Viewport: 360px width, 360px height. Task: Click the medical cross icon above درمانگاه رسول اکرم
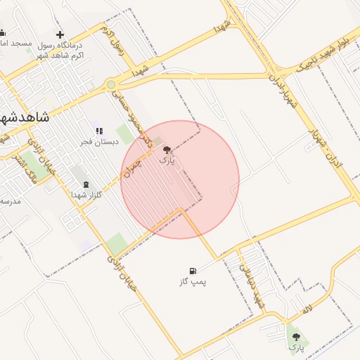(60, 34)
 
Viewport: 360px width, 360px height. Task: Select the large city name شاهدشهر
(25, 117)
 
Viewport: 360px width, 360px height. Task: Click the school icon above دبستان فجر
(99, 131)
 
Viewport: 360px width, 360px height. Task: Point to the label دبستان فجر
(95, 142)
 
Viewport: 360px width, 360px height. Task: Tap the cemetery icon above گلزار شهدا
(86, 184)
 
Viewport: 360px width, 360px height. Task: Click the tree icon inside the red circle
(167, 150)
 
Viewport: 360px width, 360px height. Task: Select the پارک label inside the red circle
(167, 161)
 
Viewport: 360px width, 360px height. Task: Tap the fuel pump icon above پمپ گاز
(192, 271)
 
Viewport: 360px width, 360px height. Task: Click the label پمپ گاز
(193, 282)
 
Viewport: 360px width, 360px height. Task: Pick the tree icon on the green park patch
(296, 337)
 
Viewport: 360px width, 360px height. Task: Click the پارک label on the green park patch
(297, 347)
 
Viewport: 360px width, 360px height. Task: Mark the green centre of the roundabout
(111, 85)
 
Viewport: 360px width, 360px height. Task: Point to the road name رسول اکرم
(113, 41)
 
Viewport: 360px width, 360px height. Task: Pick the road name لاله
(307, 309)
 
